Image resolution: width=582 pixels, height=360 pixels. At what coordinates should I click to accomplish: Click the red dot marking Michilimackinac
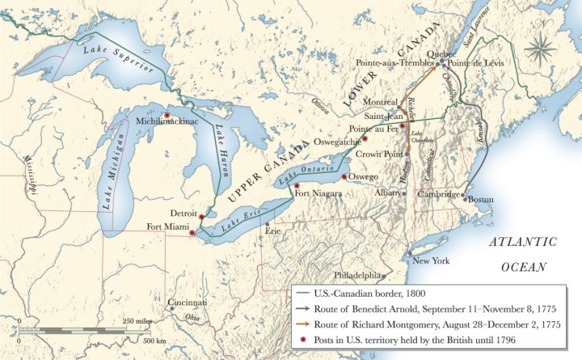(167, 115)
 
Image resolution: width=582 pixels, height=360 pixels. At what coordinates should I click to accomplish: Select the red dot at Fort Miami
(192, 233)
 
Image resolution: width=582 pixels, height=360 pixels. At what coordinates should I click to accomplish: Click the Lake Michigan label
(115, 171)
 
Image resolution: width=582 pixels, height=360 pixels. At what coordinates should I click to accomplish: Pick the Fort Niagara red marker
(296, 185)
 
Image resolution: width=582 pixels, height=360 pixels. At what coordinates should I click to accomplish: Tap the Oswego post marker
(344, 176)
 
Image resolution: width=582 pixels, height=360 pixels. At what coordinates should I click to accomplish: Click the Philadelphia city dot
(384, 275)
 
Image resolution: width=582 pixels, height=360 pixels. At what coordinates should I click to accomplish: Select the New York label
(430, 261)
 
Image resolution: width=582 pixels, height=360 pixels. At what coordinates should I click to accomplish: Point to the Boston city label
(481, 200)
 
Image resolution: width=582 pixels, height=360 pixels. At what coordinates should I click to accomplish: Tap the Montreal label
(381, 103)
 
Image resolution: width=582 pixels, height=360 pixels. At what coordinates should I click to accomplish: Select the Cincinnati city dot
(171, 309)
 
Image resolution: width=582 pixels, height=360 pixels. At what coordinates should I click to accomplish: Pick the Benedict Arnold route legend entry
(428, 308)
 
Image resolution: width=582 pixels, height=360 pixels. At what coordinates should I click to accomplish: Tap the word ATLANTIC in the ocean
(523, 242)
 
